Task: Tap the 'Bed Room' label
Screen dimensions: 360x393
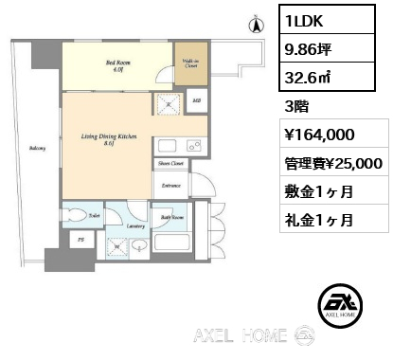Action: tap(116, 64)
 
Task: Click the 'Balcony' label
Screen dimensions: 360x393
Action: tap(35, 149)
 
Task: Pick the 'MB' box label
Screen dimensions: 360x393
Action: tap(196, 100)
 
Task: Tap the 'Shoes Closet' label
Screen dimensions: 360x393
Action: tap(170, 163)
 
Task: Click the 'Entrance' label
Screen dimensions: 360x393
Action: tap(170, 186)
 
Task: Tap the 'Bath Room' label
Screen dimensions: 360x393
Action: tap(172, 217)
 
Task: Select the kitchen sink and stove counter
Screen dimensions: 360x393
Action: tap(176, 147)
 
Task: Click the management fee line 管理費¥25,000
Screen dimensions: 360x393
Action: tap(332, 163)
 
